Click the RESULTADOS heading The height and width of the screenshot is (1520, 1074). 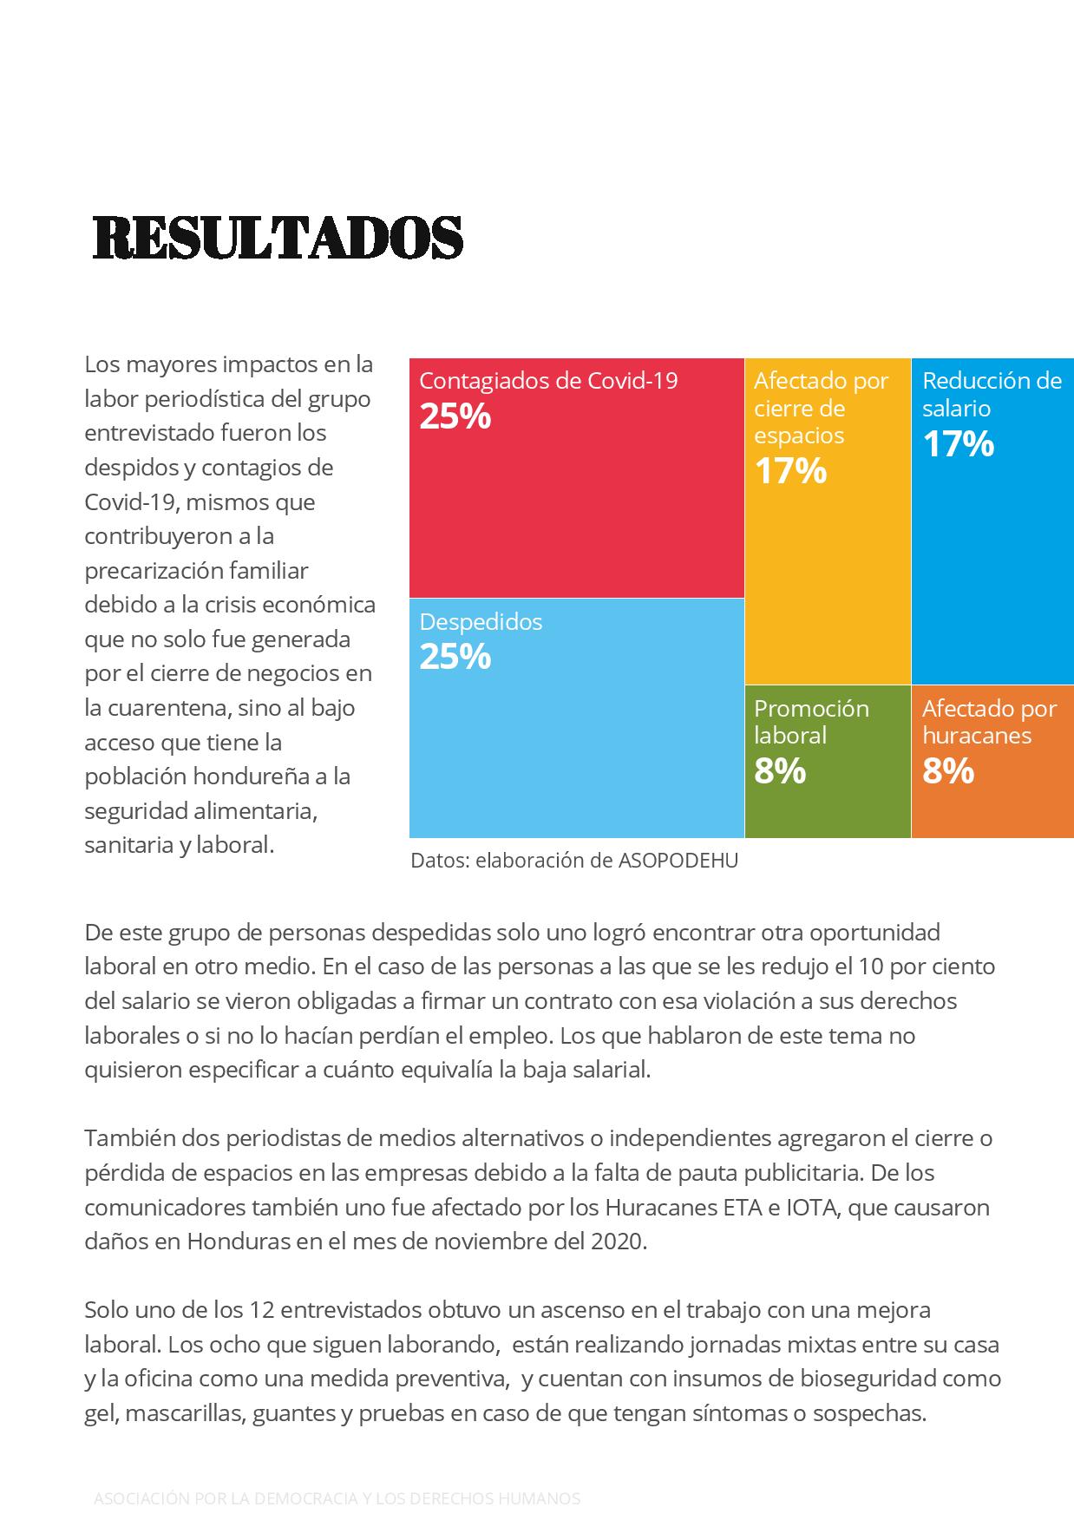(x=278, y=237)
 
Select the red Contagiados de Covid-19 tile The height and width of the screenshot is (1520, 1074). (x=577, y=478)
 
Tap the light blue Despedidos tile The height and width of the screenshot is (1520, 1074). (x=577, y=718)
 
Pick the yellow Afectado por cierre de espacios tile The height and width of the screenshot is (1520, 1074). (x=828, y=521)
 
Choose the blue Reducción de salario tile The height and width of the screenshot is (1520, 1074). (x=992, y=521)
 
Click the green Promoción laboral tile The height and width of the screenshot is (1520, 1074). (x=828, y=762)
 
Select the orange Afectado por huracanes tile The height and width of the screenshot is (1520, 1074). (x=992, y=762)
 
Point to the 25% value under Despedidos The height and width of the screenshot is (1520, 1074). (x=455, y=657)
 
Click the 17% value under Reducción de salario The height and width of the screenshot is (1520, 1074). (x=958, y=444)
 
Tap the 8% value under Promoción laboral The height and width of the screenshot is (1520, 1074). (x=780, y=771)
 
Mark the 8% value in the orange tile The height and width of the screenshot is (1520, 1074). (x=948, y=771)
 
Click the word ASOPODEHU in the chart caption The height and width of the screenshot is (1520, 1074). (x=678, y=861)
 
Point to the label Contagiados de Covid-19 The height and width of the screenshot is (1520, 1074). (x=548, y=381)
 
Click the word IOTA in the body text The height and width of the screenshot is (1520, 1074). (x=815, y=1207)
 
